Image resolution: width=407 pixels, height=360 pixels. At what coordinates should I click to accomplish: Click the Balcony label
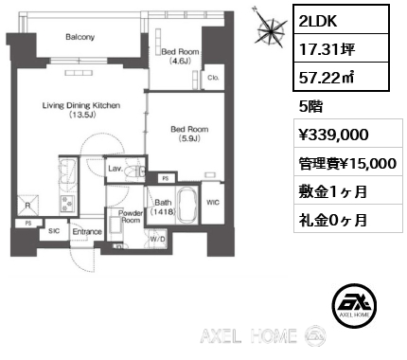(x=80, y=37)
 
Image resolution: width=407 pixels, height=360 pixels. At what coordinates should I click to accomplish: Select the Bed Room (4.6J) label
(x=180, y=56)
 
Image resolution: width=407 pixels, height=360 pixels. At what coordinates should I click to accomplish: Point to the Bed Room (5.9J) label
(x=189, y=134)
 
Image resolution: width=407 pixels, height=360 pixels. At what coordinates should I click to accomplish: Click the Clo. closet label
(x=213, y=78)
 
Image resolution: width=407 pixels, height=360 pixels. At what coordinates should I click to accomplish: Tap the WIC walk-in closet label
(x=213, y=203)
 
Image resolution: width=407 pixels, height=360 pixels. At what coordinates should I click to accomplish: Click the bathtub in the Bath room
(x=187, y=205)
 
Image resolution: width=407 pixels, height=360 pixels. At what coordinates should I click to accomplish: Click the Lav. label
(x=115, y=169)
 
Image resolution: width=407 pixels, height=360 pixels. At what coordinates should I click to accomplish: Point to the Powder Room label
(x=131, y=216)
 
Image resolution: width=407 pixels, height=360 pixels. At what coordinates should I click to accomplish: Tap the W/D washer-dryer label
(x=157, y=239)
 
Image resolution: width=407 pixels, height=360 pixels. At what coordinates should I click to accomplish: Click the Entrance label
(x=87, y=232)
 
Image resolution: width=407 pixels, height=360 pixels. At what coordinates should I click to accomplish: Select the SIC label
(x=54, y=231)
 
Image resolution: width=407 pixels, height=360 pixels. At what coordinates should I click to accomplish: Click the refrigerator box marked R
(x=27, y=206)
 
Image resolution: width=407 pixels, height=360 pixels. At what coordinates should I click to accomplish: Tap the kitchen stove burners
(x=66, y=204)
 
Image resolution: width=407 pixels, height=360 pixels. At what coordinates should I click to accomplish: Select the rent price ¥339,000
(x=334, y=134)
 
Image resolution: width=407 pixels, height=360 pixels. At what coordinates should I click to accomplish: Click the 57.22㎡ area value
(x=327, y=77)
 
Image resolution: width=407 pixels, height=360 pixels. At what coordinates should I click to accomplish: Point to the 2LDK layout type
(x=318, y=21)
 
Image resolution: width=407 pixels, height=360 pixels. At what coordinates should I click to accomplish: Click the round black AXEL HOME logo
(x=355, y=305)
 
